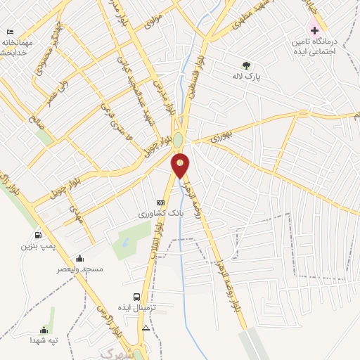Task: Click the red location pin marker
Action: pyautogui.click(x=181, y=165)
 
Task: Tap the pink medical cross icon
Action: pyautogui.click(x=314, y=31)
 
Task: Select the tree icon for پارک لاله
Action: pyautogui.click(x=245, y=65)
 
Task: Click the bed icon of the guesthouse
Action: pyautogui.click(x=10, y=32)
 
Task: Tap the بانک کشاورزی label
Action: pyautogui.click(x=161, y=212)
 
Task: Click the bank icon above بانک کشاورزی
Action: pyautogui.click(x=160, y=202)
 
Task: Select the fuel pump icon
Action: pyautogui.click(x=37, y=235)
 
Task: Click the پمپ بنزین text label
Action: pyautogui.click(x=37, y=246)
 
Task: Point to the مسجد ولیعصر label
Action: pyautogui.click(x=82, y=269)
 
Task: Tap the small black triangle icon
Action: pyautogui.click(x=146, y=328)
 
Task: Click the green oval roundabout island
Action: pyautogui.click(x=179, y=140)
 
